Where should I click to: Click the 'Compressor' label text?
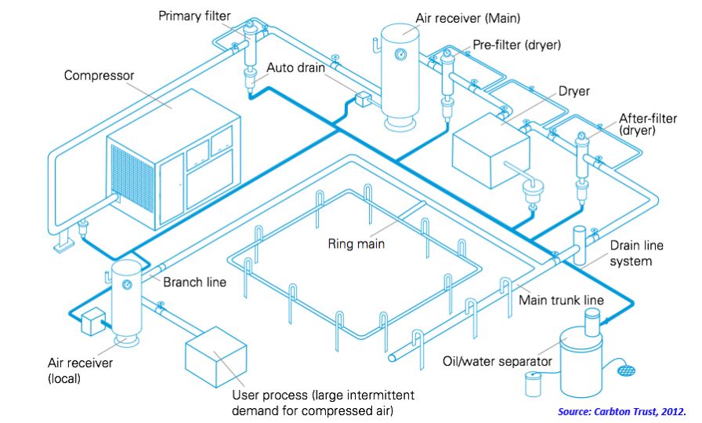[100, 76]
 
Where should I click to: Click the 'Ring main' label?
[356, 244]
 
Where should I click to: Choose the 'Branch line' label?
[195, 282]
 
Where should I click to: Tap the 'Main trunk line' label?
[561, 301]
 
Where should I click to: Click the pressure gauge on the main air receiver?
[402, 54]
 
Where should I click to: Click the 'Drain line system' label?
[636, 253]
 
